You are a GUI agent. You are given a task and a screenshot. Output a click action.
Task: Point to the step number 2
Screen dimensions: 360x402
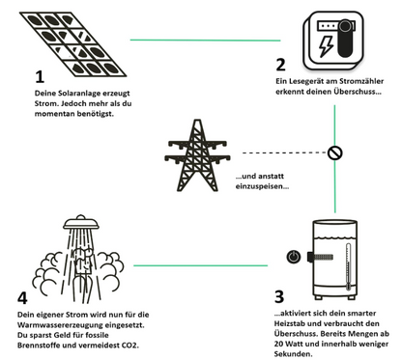coord(280,66)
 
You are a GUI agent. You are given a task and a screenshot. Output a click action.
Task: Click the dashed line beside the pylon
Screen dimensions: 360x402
coord(280,152)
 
